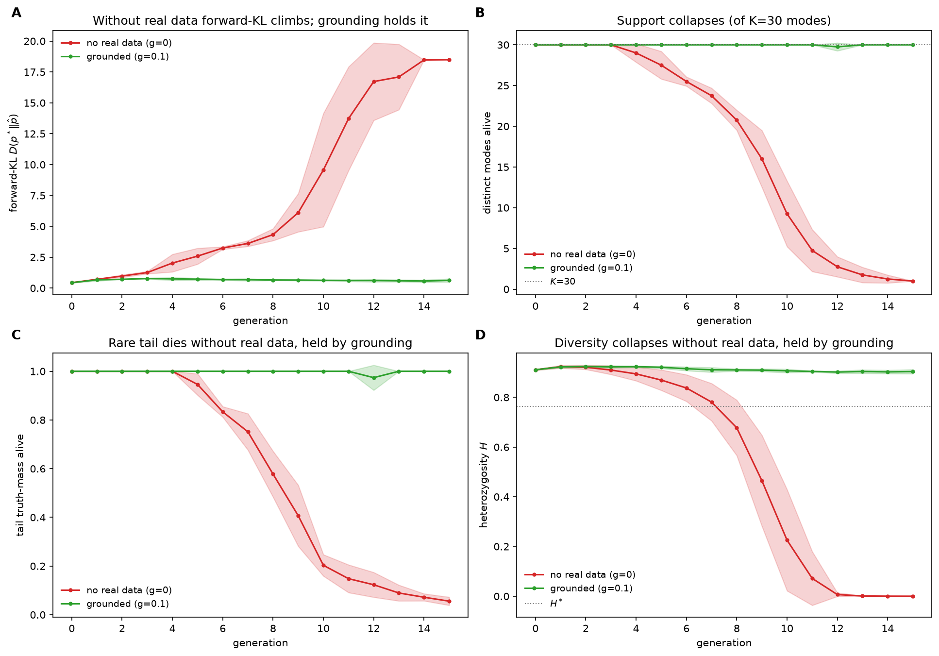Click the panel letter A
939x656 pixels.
coord(17,13)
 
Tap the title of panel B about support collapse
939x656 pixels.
coord(724,21)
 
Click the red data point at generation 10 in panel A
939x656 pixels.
coord(323,170)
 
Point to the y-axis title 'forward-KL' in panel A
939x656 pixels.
coord(14,163)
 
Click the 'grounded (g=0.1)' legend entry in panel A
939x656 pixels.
coord(115,57)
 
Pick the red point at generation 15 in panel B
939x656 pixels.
coord(913,281)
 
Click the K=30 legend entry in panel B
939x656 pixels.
coord(550,282)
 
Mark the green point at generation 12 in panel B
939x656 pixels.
coord(838,47)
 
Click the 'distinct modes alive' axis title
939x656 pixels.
coord(487,163)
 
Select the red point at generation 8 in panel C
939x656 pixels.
coord(273,474)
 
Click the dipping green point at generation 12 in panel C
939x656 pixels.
coord(374,378)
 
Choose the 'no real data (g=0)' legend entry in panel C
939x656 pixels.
coord(117,590)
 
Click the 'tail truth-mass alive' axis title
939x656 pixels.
coord(20,485)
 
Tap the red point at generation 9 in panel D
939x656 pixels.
coord(762,481)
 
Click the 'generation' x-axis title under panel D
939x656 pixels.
coord(724,643)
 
